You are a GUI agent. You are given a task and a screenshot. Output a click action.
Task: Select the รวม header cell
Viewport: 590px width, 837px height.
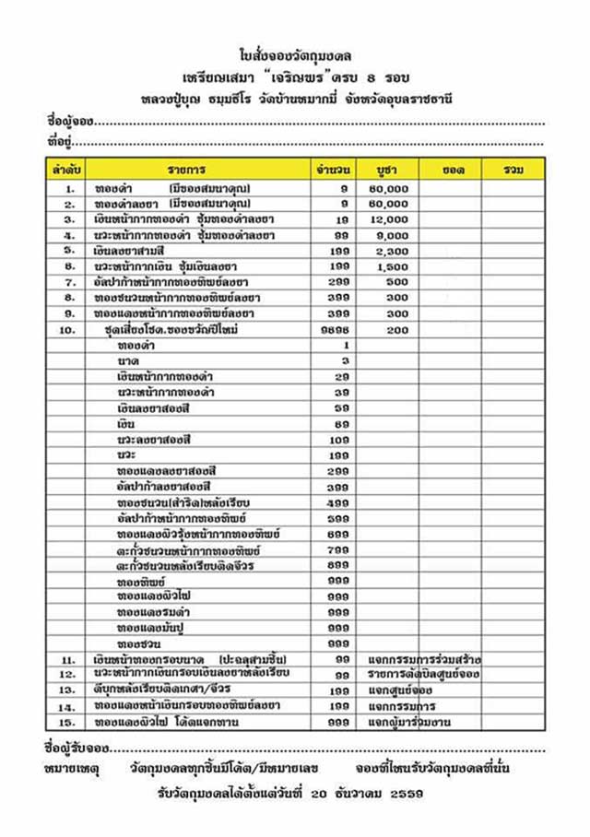point(513,170)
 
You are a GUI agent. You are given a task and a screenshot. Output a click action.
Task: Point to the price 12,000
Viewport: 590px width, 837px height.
point(393,219)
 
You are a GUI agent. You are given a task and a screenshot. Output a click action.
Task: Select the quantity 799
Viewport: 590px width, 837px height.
point(338,548)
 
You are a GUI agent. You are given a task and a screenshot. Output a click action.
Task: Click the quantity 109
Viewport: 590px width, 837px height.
point(338,439)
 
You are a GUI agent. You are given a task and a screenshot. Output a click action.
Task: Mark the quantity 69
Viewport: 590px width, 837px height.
point(341,423)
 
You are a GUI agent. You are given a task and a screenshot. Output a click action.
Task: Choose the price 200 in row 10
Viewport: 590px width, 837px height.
point(397,328)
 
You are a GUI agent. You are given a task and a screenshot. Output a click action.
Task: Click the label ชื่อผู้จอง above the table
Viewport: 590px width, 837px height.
point(69,121)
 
